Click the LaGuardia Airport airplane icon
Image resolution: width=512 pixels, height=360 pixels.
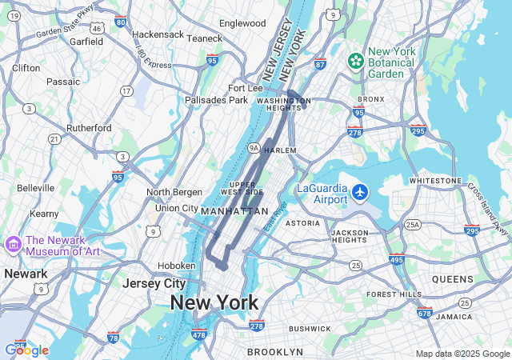360,193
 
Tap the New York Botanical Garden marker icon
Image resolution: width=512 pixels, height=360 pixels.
354,61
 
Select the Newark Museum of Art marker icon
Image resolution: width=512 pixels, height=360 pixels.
13,243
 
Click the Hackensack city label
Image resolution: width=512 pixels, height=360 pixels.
158,35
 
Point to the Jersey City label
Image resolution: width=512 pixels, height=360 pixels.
154,283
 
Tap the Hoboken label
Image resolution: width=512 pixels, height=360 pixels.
175,266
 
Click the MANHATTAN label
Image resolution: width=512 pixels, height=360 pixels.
234,211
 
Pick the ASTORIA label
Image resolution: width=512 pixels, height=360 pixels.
302,222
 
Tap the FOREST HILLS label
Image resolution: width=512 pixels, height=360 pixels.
394,294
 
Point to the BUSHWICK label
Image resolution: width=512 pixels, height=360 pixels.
310,329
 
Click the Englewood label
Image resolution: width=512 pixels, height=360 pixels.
242,23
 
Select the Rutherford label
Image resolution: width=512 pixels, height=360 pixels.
89,128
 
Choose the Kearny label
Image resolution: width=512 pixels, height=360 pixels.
44,214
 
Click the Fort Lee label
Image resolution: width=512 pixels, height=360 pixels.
245,87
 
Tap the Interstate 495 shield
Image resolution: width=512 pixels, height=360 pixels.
397,259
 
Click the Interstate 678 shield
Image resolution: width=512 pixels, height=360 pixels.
424,313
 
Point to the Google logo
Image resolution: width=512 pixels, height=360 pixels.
26,350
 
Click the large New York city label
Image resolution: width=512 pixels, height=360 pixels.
214,302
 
